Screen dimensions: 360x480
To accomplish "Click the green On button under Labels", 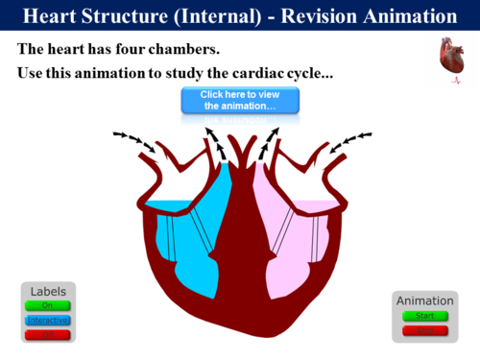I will point(47,305).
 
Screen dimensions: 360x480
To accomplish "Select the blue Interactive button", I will point(47,320).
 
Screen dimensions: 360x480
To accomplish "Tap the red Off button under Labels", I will point(47,333).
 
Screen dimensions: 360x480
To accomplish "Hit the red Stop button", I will point(425,330).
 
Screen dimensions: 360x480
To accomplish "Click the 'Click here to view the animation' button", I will point(240,100).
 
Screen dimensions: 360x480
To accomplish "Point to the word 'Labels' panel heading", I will point(48,291).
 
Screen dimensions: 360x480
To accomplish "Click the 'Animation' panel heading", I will point(424,300).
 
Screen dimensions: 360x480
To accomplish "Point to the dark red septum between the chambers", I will point(240,240).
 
